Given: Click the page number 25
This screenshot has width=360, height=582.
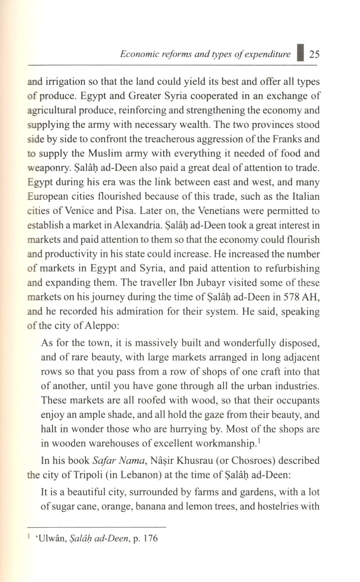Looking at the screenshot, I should (314, 55).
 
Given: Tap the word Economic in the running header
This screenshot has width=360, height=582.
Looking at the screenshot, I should (133, 55).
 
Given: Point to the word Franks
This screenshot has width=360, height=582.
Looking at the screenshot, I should (288, 139).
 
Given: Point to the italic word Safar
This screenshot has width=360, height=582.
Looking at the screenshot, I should (103, 461).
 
